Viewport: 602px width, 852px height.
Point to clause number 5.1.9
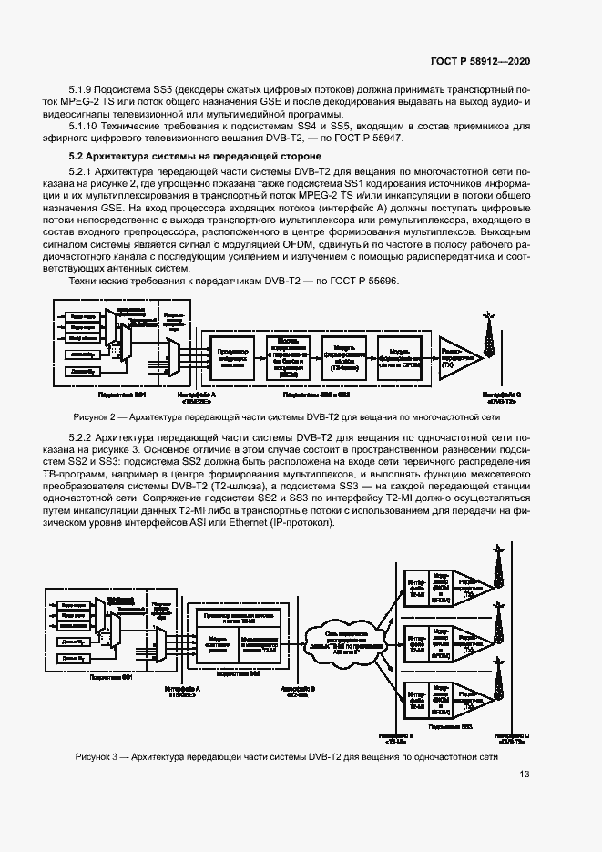coord(84,91)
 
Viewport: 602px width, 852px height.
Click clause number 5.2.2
coord(84,437)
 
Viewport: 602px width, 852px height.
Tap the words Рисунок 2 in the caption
coord(95,416)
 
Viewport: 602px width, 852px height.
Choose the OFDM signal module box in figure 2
coord(399,354)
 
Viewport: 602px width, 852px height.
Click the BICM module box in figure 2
coord(291,354)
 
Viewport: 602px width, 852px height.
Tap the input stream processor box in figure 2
coord(235,354)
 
